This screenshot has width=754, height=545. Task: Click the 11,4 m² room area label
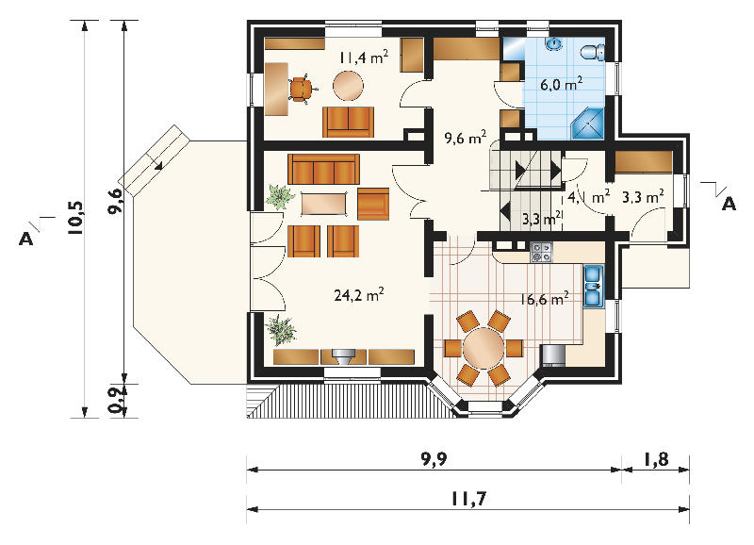364,58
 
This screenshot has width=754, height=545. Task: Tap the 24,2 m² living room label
359,295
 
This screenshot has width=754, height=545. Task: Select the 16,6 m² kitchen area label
545,299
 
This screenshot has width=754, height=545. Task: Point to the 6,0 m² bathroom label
562,85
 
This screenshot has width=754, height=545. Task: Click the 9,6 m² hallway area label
466,138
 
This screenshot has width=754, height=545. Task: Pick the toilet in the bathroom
593,52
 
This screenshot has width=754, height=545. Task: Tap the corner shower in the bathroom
587,124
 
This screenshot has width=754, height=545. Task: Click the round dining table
484,348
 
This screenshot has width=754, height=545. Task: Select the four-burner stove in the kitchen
541,252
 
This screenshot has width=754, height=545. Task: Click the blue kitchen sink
594,286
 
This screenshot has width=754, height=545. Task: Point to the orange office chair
302,89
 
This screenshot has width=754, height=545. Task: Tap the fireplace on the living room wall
343,356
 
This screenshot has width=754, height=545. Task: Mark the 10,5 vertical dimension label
76,219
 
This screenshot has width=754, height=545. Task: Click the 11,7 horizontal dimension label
468,499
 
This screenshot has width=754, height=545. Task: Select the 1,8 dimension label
656,459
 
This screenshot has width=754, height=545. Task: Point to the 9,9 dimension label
434,459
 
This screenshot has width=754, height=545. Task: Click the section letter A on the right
729,204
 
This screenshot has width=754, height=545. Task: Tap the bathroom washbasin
553,43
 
